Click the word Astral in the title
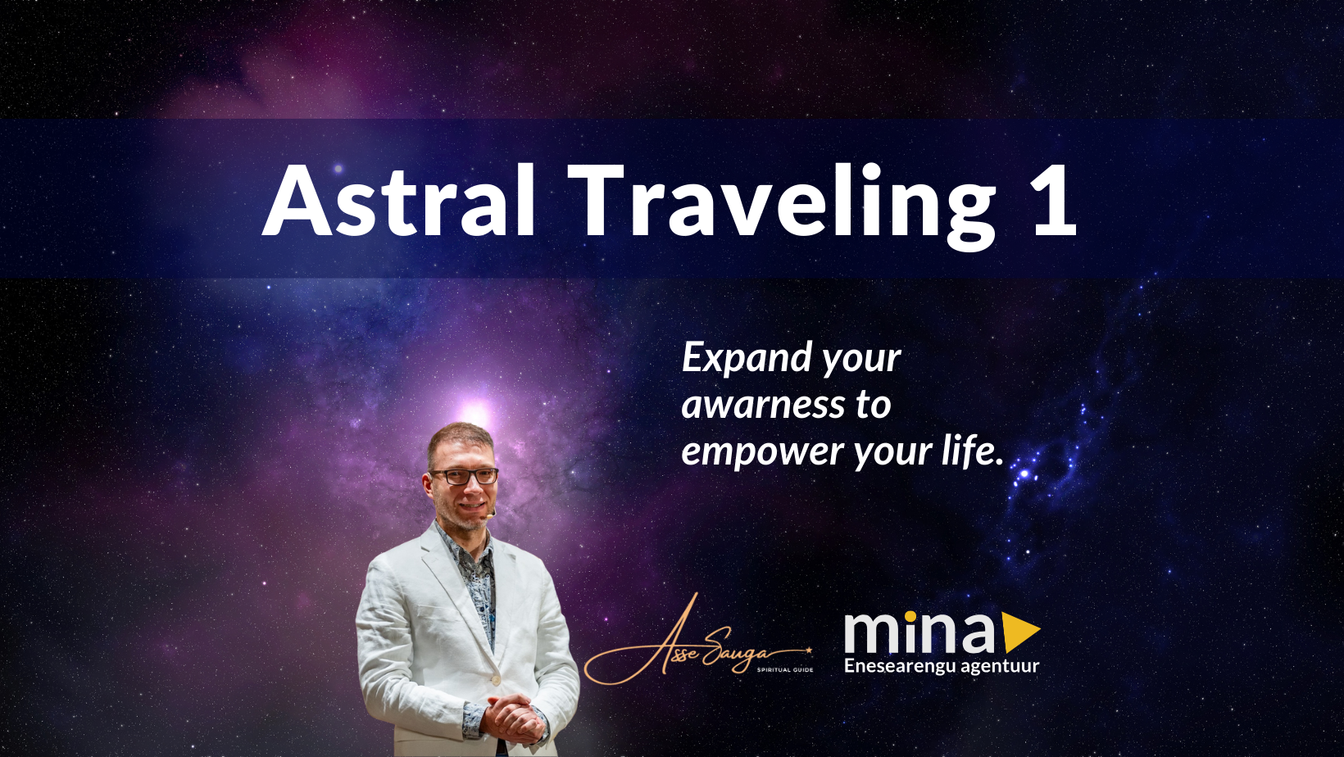coord(399,202)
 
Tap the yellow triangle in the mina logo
coord(1019,632)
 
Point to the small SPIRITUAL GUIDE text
coord(784,669)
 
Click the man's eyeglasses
coord(464,475)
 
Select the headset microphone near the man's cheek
coord(491,515)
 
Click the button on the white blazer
coord(495,679)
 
